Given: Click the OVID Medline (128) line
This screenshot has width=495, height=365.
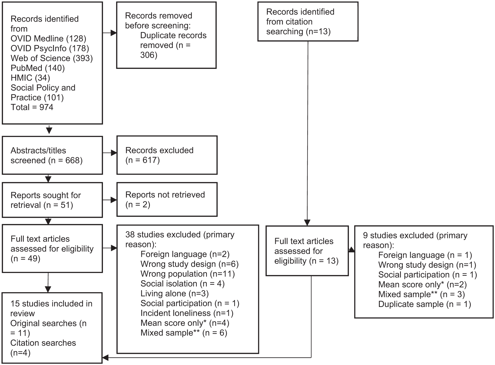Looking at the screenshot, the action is [48, 39].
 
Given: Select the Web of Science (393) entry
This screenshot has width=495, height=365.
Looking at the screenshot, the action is [52, 58].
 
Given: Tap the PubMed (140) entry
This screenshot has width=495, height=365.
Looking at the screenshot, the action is [38, 68].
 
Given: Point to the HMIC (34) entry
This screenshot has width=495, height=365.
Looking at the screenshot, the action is [30, 78].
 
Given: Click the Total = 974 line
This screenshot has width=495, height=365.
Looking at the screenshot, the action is [32, 107].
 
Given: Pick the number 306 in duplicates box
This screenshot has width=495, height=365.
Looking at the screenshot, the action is [149, 55].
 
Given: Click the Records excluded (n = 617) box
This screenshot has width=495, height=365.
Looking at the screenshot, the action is [167, 155].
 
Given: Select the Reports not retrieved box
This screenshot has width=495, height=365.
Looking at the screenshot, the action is [167, 199].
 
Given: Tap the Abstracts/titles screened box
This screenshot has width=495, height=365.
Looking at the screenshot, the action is [52, 155].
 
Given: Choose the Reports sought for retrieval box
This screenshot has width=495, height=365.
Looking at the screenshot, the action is [52, 200].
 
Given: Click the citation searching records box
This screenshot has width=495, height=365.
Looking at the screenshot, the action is [308, 22].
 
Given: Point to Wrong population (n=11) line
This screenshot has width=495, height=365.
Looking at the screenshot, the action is [188, 274].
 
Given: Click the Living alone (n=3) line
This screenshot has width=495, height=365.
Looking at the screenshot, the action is [175, 294].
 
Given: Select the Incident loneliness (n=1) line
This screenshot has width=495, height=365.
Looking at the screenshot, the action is [187, 313].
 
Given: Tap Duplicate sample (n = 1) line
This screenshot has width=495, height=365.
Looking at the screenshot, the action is [425, 304].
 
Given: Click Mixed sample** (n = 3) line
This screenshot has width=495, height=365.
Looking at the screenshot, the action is [421, 295].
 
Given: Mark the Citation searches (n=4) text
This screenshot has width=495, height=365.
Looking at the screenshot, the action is [43, 348].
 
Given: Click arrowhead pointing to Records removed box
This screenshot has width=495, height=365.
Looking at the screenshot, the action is [113, 33].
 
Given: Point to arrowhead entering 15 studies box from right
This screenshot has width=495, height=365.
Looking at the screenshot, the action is [106, 358].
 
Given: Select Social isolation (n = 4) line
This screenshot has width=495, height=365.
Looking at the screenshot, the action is [183, 284].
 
